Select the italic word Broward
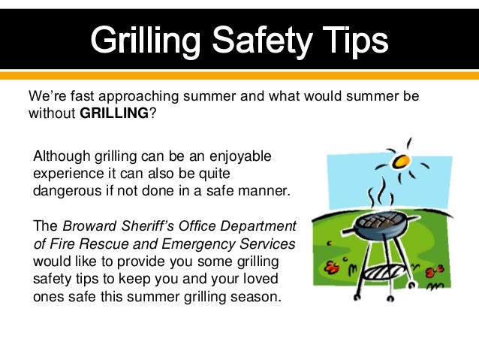point(89,226)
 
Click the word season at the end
point(256,296)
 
